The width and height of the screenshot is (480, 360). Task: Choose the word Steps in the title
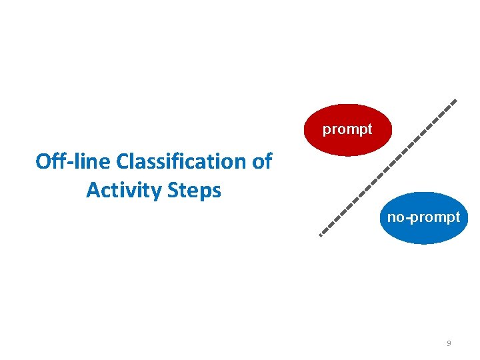coord(196,191)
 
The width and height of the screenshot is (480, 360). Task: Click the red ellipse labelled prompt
coord(347,130)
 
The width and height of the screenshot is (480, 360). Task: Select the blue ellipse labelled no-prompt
coord(424,218)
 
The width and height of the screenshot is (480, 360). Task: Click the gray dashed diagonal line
coord(388,168)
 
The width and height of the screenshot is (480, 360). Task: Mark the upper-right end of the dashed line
coord(456,101)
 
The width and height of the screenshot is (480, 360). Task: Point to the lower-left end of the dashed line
coord(321,235)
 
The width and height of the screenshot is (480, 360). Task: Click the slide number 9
coord(449,344)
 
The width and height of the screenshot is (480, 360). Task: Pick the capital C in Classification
coord(123,162)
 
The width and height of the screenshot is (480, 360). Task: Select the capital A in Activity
coord(93,191)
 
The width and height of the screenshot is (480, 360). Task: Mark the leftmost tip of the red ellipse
coord(304,130)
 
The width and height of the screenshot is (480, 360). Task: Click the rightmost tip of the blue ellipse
coord(469,218)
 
